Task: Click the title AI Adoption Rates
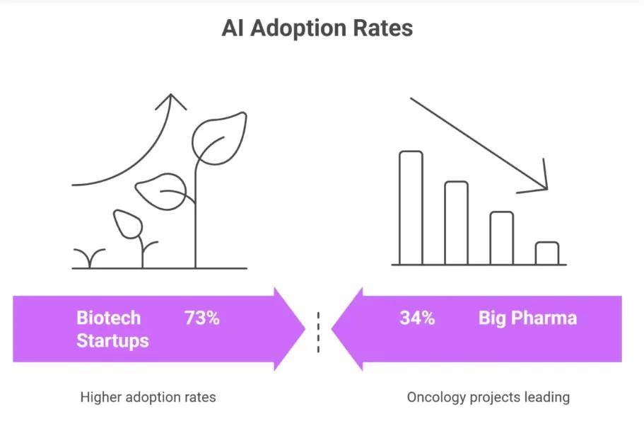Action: pyautogui.click(x=317, y=28)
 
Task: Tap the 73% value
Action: pyautogui.click(x=202, y=318)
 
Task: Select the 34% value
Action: pyautogui.click(x=417, y=318)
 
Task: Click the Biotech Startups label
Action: pyautogui.click(x=112, y=329)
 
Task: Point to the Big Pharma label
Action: pyautogui.click(x=527, y=318)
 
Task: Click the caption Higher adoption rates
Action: pyautogui.click(x=148, y=397)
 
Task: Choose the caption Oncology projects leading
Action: pyautogui.click(x=488, y=397)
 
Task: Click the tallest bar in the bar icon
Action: pyautogui.click(x=411, y=207)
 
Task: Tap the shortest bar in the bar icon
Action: pyautogui.click(x=546, y=253)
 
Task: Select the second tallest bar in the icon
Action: pyautogui.click(x=456, y=222)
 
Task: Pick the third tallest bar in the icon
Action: pyautogui.click(x=501, y=238)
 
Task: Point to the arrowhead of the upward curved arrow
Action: pyautogui.click(x=170, y=100)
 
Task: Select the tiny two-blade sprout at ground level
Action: pyautogui.click(x=90, y=259)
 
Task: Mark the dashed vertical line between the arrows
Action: pyautogui.click(x=318, y=332)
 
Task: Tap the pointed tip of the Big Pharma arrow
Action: pyautogui.click(x=334, y=329)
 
